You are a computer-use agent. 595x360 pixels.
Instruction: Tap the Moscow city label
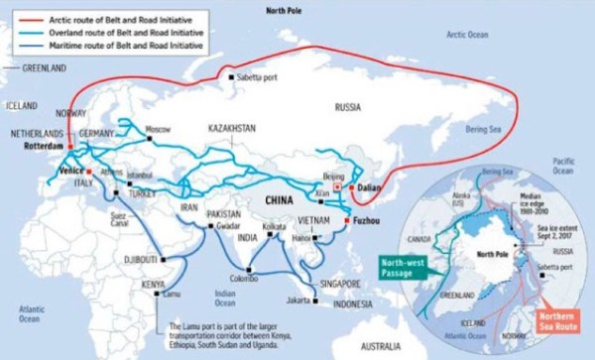(159, 129)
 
